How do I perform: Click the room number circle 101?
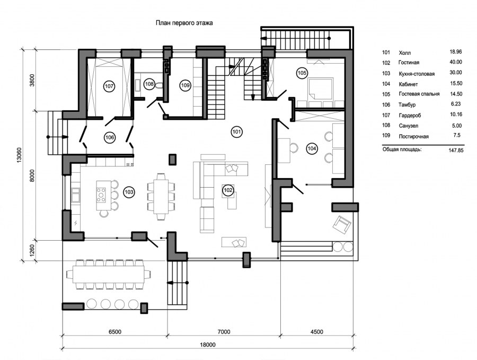236,132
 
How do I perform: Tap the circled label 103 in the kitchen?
129,192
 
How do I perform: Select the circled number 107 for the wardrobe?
109,86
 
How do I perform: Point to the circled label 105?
302,73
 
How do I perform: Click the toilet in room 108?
158,86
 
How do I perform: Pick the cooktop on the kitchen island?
101,195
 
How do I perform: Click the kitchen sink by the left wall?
75,195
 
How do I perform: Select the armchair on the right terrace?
342,225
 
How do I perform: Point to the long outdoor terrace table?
108,274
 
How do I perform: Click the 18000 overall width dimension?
208,345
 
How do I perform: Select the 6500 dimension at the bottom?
115,332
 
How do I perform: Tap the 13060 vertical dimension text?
20,155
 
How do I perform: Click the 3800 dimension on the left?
32,81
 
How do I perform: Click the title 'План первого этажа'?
184,23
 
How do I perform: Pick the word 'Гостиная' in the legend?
409,63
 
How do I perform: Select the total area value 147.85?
456,151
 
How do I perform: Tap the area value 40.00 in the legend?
456,62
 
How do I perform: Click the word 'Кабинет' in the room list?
408,84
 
